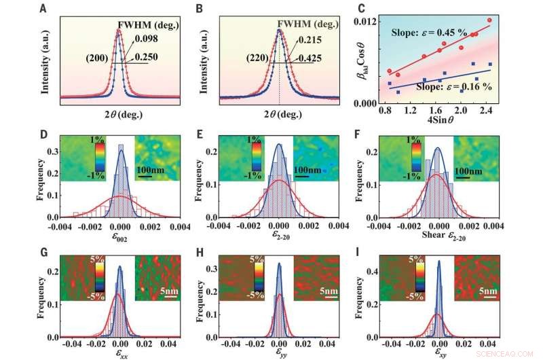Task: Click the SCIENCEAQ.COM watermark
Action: (514, 354)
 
